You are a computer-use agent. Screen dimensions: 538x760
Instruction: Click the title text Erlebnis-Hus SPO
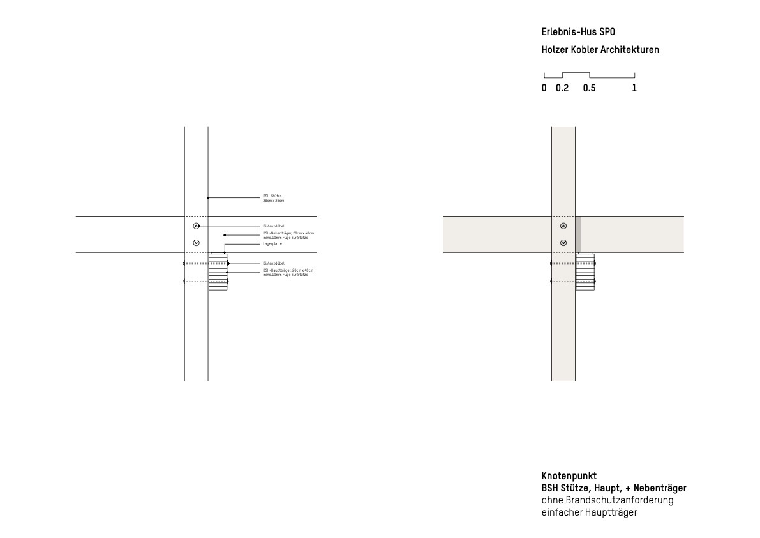pos(578,31)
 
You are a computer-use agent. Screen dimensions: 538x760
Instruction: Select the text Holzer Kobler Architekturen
pos(600,50)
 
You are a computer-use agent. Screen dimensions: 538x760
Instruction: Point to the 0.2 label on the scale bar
pos(562,89)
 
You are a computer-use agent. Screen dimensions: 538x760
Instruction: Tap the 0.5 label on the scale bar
pos(589,89)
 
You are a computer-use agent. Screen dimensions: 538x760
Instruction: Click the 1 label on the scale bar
pos(634,89)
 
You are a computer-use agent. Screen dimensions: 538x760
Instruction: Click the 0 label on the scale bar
pos(544,89)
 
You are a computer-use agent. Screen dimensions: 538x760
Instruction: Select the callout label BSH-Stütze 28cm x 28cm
pos(273,198)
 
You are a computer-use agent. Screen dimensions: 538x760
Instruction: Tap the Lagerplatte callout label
pos(272,244)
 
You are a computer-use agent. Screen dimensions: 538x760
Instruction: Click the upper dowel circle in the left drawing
pos(197,226)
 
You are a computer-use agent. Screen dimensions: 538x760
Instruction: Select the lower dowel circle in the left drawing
pos(197,242)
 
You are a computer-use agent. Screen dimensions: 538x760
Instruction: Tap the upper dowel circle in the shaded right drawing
pos(563,226)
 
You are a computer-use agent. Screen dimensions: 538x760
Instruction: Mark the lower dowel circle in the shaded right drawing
pos(563,243)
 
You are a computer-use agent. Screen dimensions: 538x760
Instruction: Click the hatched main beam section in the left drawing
pos(218,272)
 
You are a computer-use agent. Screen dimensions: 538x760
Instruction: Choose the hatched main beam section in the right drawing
pos(585,272)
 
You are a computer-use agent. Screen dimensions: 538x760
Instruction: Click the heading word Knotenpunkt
pos(569,476)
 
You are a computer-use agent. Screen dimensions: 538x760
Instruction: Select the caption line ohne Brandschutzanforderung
pos(607,500)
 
